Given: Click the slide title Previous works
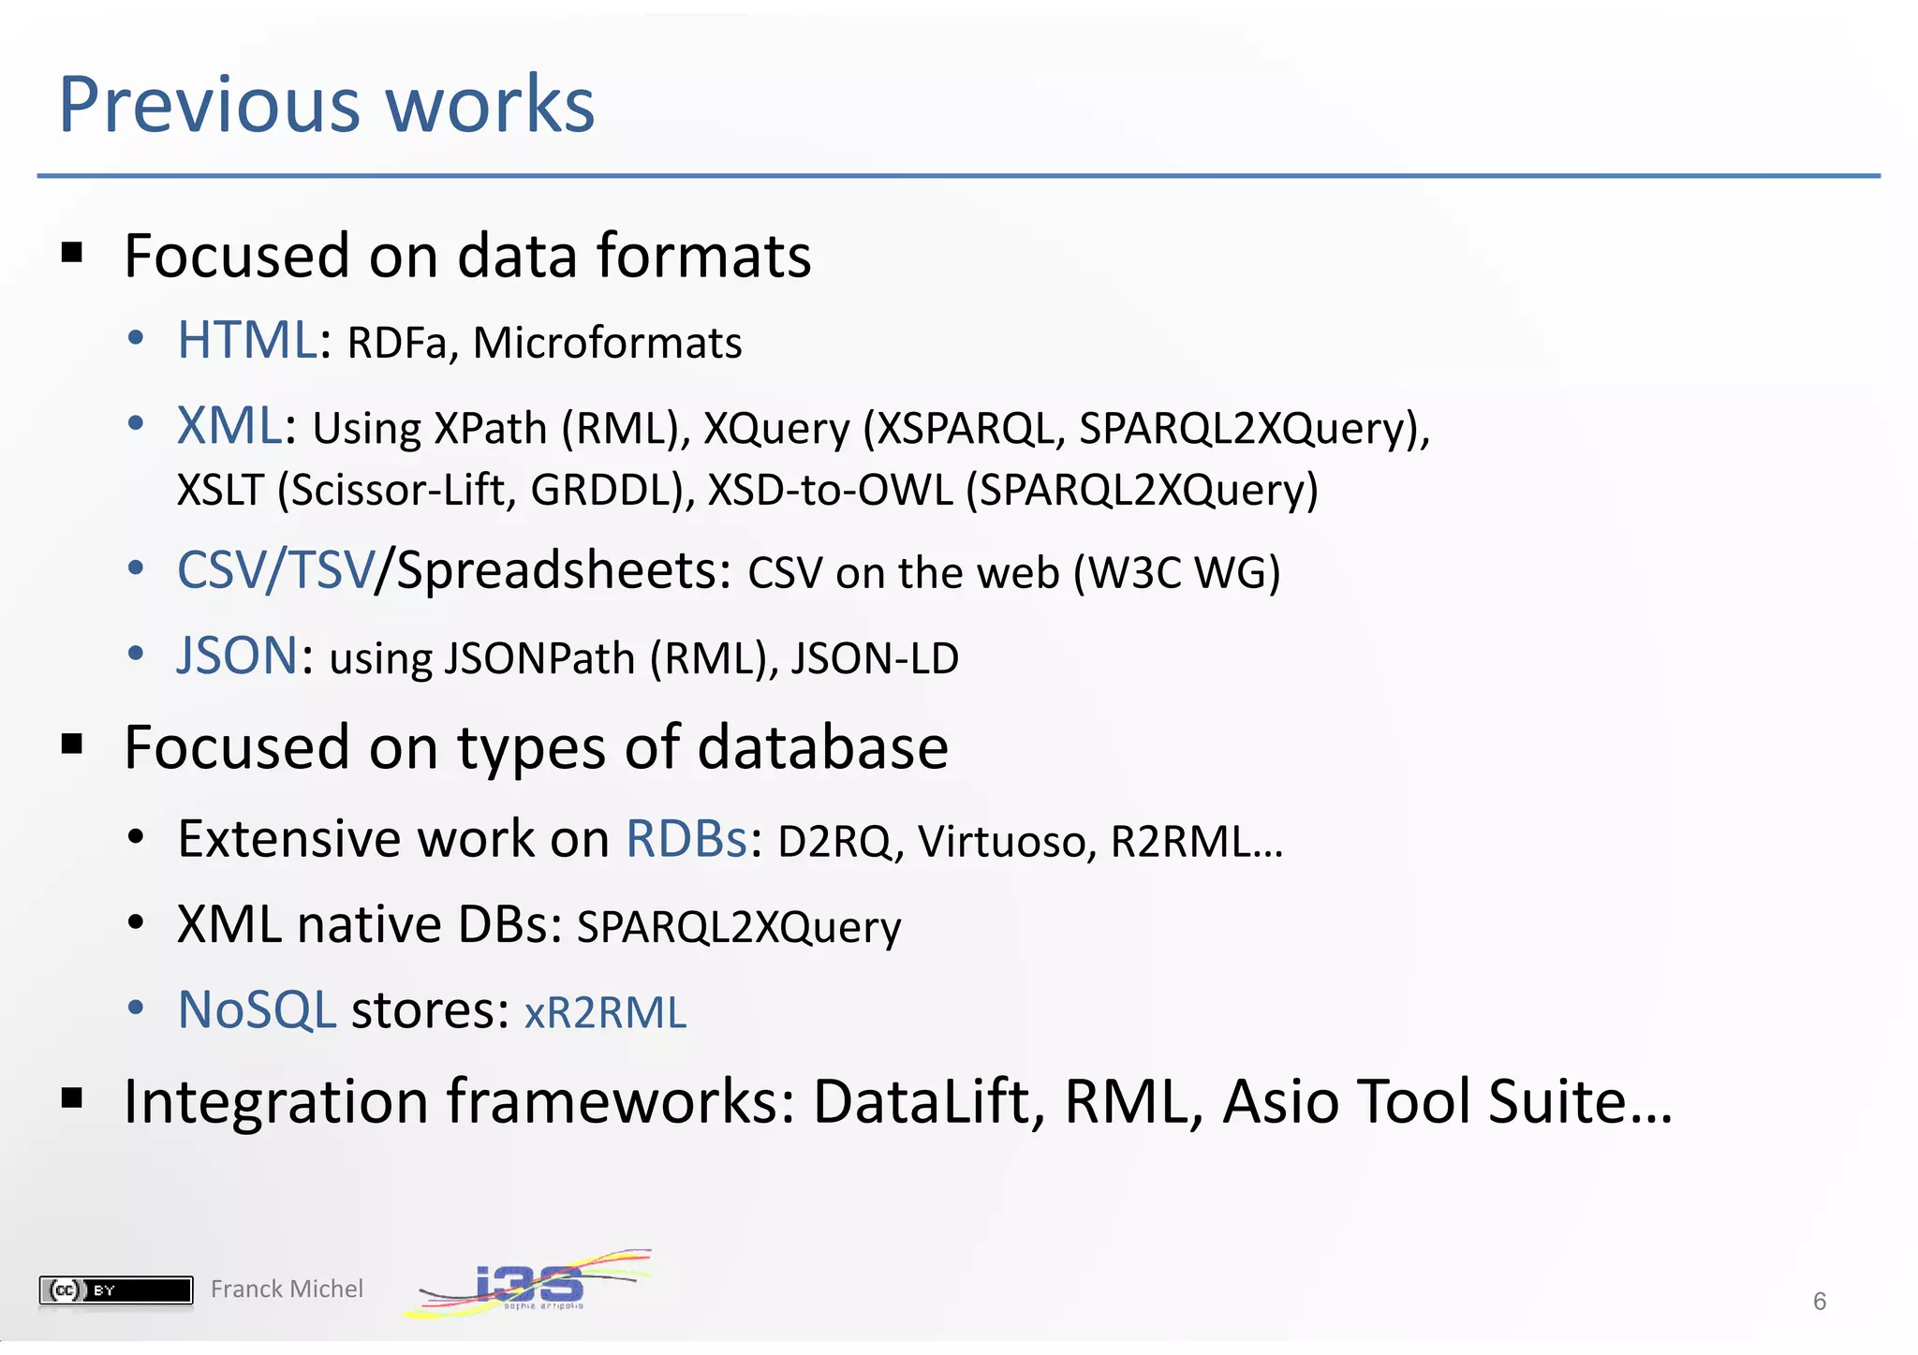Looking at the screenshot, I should (x=326, y=104).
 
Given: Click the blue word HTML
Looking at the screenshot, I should (x=247, y=340).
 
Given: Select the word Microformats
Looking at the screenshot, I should (x=607, y=344).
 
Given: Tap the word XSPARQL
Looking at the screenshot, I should (x=966, y=429).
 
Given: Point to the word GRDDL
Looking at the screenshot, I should (x=605, y=491).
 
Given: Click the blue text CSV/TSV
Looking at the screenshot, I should (x=275, y=570).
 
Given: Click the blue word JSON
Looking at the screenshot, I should (x=238, y=655).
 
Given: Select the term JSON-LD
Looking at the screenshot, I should (x=875, y=658).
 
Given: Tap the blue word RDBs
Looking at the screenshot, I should (x=686, y=838).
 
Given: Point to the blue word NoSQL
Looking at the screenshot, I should (x=257, y=1010).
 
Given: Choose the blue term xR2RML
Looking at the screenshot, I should (x=605, y=1013).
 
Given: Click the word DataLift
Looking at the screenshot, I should (x=927, y=1101).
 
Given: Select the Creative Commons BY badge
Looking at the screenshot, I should (x=115, y=1290).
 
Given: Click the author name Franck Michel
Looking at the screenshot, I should (x=287, y=1289).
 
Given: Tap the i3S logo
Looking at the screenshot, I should (x=529, y=1283).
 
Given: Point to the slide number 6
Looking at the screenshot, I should (x=1819, y=1302).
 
